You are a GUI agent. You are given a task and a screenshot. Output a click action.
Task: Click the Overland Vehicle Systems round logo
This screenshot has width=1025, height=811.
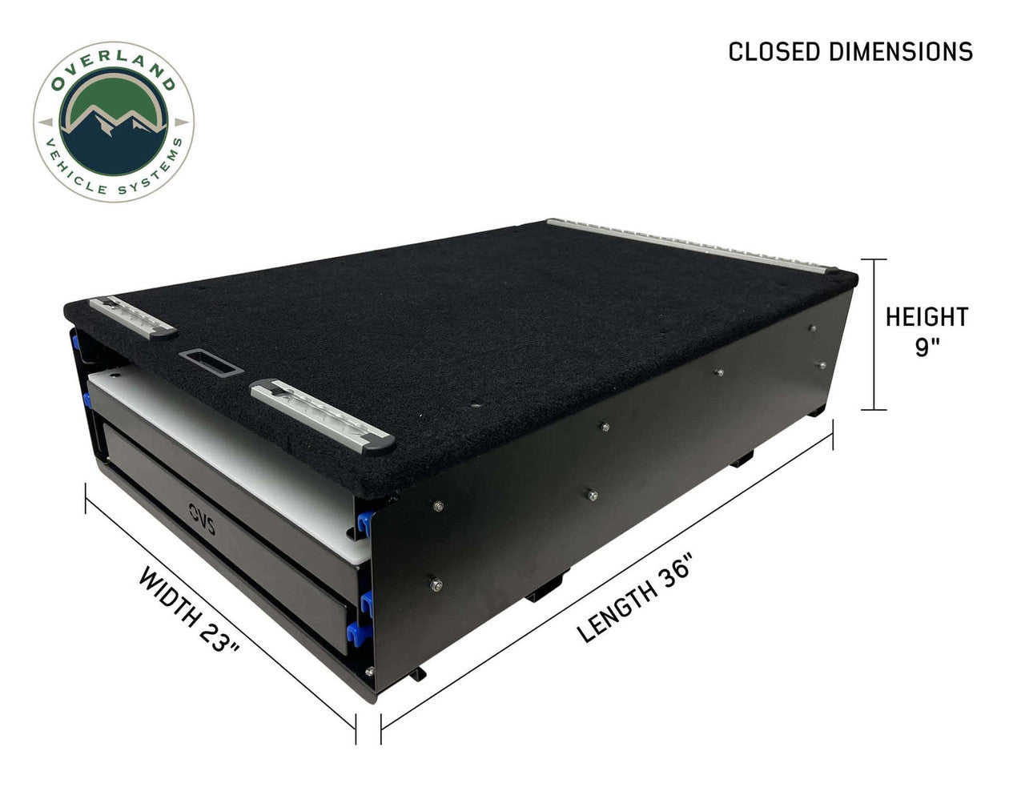click(113, 121)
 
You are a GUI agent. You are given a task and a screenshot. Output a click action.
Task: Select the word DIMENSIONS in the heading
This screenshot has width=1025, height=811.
click(902, 51)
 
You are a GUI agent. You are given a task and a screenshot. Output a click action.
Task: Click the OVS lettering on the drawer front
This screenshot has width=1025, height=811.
click(190, 512)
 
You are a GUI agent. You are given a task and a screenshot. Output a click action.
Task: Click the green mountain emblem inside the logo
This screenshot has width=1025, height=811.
click(113, 125)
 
